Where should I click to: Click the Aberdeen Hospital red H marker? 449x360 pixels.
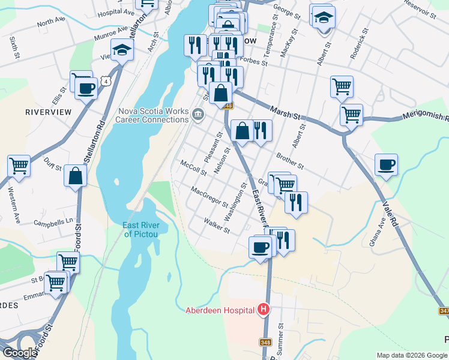click(263, 310)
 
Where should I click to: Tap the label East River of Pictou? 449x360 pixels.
click(141, 229)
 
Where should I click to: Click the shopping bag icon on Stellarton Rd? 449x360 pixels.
click(76, 176)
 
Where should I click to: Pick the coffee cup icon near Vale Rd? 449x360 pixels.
click(386, 165)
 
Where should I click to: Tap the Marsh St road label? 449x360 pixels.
click(285, 112)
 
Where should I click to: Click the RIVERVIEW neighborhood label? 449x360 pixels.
click(49, 112)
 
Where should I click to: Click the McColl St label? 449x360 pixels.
click(193, 168)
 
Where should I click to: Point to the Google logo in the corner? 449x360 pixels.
click(19, 353)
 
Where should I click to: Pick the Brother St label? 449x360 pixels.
click(290, 160)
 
